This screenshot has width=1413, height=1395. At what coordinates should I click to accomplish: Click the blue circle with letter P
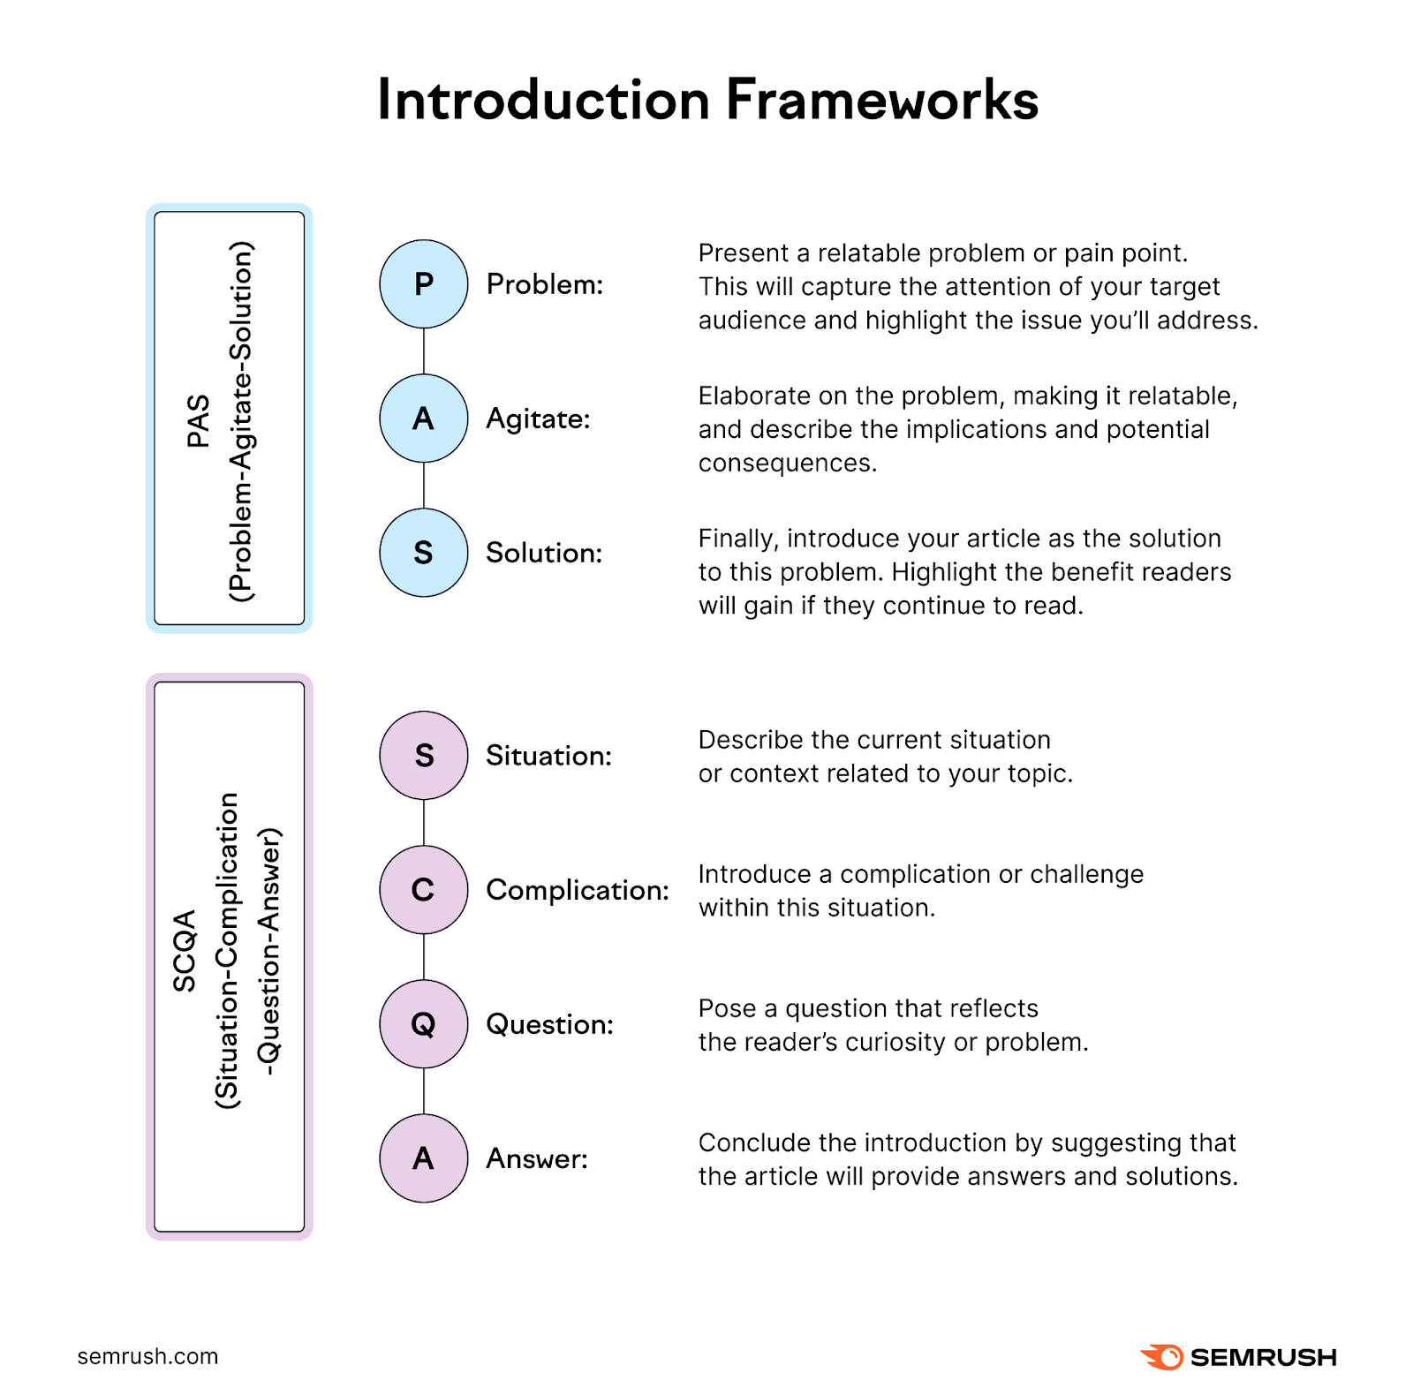(x=424, y=284)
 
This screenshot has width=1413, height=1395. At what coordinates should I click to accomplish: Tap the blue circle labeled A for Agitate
(x=424, y=418)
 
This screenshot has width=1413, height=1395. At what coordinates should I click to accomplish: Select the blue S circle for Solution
(x=424, y=553)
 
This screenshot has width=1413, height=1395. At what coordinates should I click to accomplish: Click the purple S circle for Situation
(x=424, y=756)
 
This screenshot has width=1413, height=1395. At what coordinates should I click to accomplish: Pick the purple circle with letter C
(x=424, y=890)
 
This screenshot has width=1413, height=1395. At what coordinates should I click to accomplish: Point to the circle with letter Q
(x=424, y=1024)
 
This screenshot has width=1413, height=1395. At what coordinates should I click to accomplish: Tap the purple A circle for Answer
(x=424, y=1158)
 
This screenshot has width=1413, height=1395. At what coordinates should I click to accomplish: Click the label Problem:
(x=545, y=284)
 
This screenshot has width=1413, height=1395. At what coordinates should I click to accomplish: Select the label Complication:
(x=578, y=890)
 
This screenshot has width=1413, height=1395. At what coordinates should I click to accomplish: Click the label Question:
(x=549, y=1024)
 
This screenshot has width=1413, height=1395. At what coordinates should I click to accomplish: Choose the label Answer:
(x=537, y=1158)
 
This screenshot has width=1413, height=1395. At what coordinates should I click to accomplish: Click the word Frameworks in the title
(x=881, y=99)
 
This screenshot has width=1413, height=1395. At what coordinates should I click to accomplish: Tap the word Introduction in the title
(x=543, y=99)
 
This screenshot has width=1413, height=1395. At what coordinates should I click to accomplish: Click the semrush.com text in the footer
(x=147, y=1356)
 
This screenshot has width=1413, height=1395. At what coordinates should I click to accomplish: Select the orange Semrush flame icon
(x=1162, y=1357)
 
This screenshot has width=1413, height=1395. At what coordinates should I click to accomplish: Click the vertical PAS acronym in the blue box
(x=199, y=420)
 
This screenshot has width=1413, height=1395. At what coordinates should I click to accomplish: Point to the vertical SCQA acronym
(x=185, y=951)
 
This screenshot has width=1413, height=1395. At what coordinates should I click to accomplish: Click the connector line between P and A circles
(x=424, y=351)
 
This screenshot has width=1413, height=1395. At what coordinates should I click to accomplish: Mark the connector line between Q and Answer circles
(x=424, y=1091)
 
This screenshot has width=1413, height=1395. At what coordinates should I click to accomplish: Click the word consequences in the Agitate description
(x=788, y=463)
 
